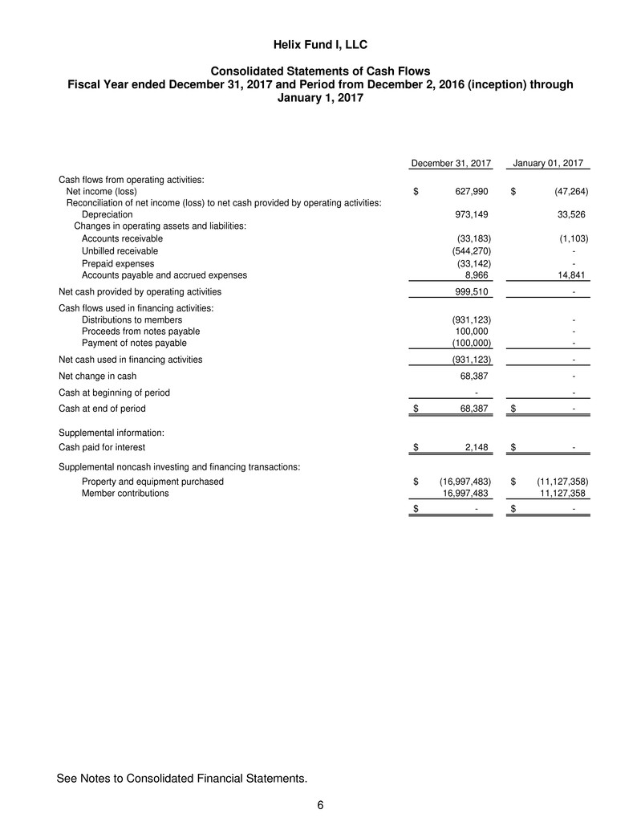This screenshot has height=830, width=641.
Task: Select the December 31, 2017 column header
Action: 451,164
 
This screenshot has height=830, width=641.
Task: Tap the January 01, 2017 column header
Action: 551,164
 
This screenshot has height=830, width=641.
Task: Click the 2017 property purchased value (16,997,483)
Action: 465,482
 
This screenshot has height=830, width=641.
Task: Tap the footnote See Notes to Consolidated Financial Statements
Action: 182,778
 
